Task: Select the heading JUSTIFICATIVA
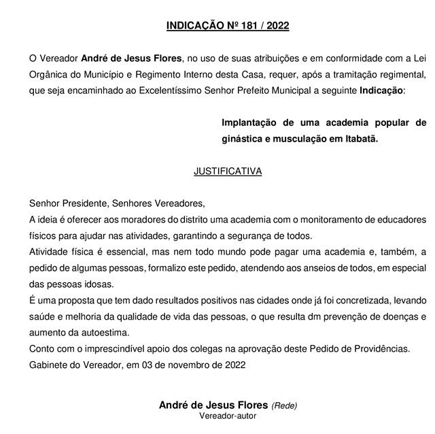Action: (x=228, y=171)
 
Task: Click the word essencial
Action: (x=118, y=252)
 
